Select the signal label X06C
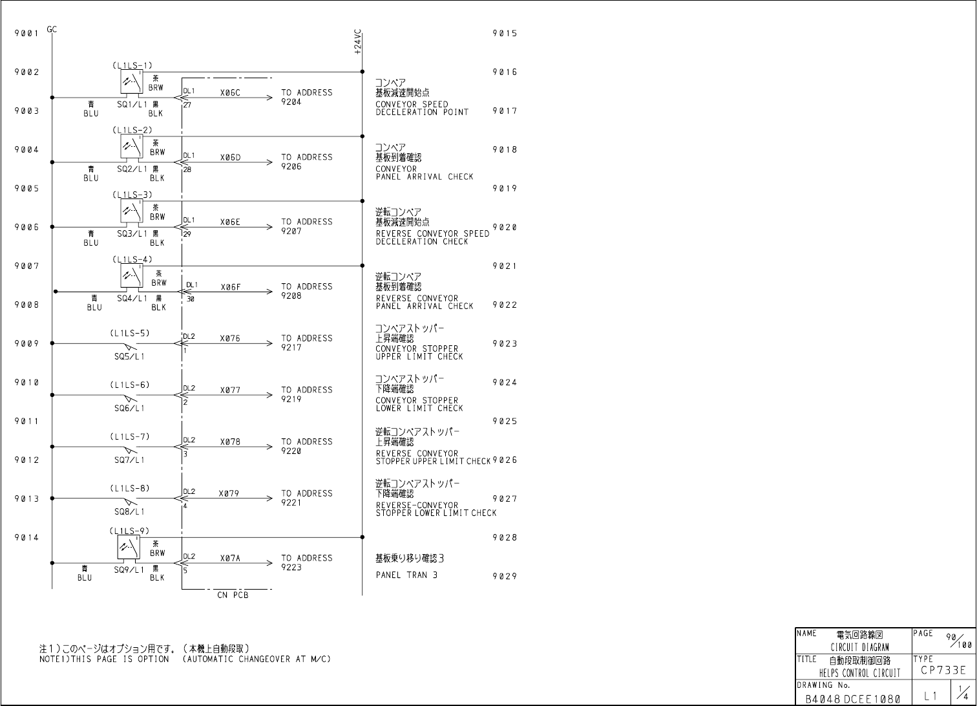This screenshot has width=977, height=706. tap(230, 92)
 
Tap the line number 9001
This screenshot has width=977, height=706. tap(26, 33)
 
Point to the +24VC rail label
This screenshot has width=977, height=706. tap(358, 41)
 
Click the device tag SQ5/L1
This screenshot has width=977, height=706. tap(130, 356)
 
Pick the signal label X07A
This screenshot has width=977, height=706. tap(230, 558)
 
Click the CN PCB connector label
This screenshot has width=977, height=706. tap(233, 595)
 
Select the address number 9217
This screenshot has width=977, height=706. tap(291, 348)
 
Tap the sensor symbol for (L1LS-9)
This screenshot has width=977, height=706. tap(128, 547)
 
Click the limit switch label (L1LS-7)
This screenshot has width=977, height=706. tap(130, 436)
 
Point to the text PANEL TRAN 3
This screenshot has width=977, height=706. tap(406, 575)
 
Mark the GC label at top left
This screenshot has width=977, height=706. tap(52, 29)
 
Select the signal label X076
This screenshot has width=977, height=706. tap(230, 338)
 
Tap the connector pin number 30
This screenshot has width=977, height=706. tap(191, 299)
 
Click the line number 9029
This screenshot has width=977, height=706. tap(505, 576)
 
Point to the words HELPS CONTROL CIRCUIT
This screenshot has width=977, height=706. tap(859, 673)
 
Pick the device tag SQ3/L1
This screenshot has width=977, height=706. tap(132, 233)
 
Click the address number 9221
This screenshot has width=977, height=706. tap(291, 503)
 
